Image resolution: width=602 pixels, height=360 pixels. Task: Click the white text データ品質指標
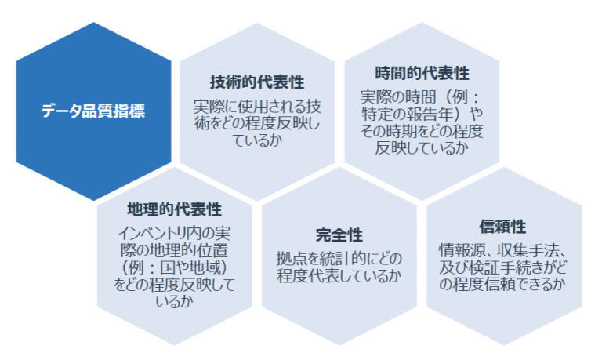[x=93, y=111]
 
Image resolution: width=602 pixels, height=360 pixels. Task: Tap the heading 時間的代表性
[x=422, y=74]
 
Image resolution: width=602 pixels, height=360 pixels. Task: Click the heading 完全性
[x=339, y=235]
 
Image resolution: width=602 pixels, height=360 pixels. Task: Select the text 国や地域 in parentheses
[x=188, y=269]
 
